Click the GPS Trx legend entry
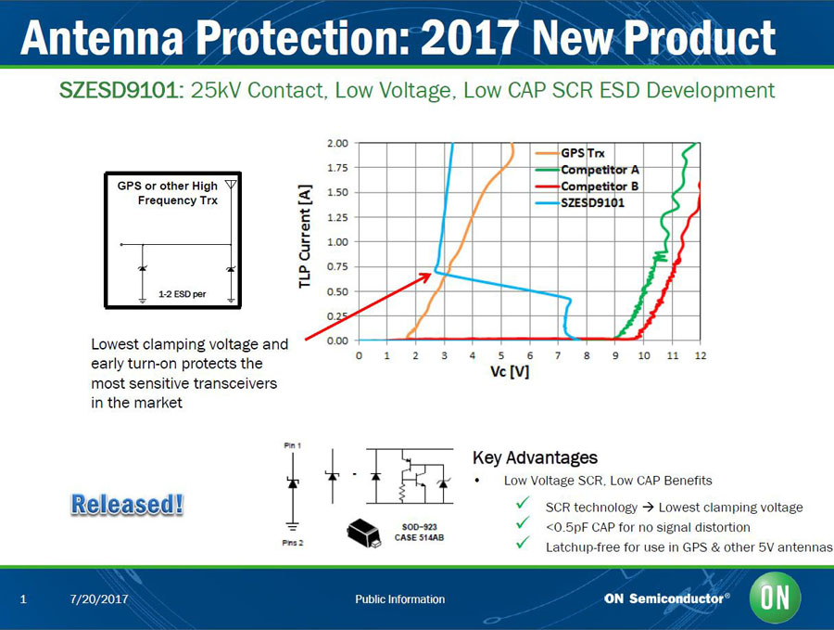(x=581, y=154)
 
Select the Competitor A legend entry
(x=599, y=170)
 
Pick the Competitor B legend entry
(x=599, y=186)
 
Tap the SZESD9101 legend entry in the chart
(x=592, y=202)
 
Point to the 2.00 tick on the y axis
(x=337, y=144)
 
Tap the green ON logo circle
(x=776, y=598)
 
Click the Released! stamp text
(x=128, y=506)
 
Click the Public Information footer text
(x=399, y=599)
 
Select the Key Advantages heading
(x=535, y=457)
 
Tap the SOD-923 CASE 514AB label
(x=419, y=533)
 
